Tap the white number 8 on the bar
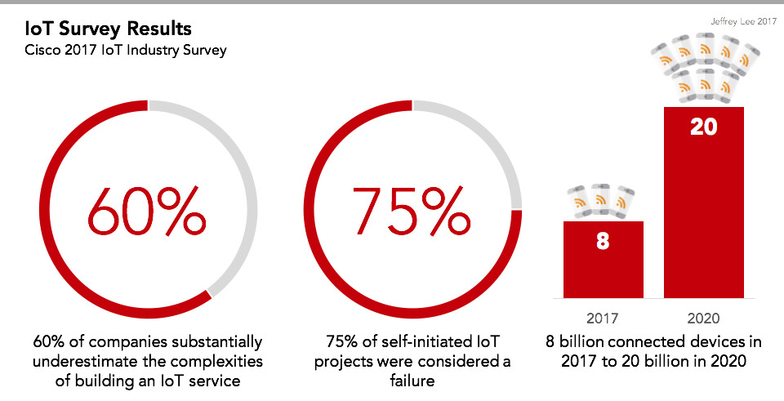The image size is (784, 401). (603, 243)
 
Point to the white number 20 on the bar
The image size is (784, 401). (703, 128)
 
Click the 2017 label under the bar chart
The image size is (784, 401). (604, 317)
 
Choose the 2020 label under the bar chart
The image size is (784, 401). (704, 317)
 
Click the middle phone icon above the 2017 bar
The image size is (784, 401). (602, 199)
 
